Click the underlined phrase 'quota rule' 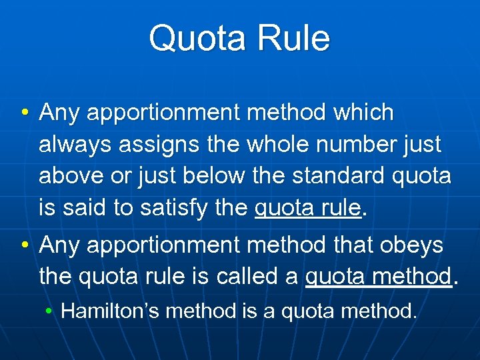[x=307, y=209]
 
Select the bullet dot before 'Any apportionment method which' [x=25, y=113]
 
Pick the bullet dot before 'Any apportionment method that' [x=25, y=245]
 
